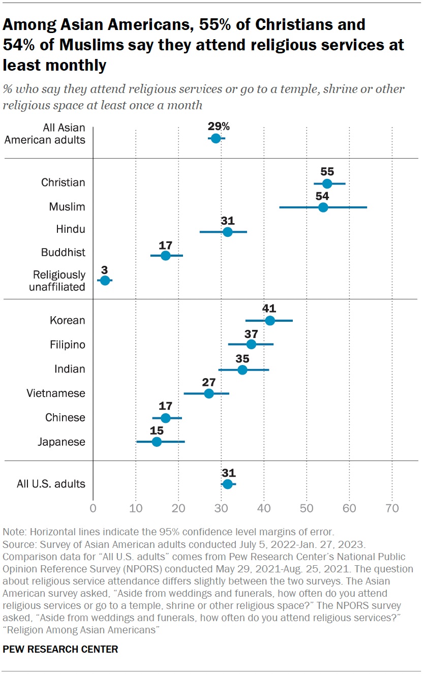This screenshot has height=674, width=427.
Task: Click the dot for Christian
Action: click(327, 183)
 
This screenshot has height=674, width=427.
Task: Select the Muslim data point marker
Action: click(323, 207)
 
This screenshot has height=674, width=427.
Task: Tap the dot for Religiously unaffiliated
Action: click(105, 281)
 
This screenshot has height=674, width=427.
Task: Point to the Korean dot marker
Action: click(270, 320)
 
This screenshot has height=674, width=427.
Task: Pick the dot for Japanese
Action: click(157, 442)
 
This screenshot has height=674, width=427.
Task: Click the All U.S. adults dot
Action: click(228, 484)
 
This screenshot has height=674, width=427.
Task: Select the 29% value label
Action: click(219, 126)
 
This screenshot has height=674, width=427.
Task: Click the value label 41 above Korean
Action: click(269, 308)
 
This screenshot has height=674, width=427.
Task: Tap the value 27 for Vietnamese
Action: click(208, 381)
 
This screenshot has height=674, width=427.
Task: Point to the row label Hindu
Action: click(71, 230)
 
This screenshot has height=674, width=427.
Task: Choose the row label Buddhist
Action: click(64, 253)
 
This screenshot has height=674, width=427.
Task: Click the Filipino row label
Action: click(67, 345)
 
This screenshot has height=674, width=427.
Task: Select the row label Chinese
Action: click(65, 418)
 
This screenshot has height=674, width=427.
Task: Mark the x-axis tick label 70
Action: click(392, 508)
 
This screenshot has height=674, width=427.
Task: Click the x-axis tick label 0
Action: click(93, 508)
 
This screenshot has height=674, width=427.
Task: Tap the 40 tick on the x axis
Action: click(264, 508)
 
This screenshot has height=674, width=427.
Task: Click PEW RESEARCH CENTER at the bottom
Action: click(60, 649)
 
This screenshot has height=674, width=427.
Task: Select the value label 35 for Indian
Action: click(242, 357)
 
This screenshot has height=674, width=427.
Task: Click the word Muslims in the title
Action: click(88, 45)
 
